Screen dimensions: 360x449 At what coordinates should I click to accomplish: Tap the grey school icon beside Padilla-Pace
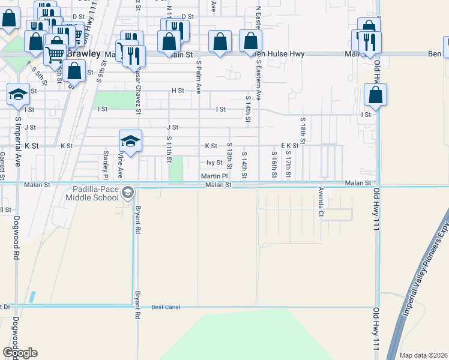(x=127, y=193)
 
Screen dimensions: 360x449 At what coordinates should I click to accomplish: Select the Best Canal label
(x=166, y=307)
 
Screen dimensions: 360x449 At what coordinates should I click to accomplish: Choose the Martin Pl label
(x=214, y=176)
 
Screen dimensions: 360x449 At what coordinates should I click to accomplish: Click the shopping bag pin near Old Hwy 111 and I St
(x=375, y=95)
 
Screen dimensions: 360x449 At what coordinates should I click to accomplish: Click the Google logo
(x=20, y=352)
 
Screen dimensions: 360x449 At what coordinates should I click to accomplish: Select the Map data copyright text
(x=423, y=355)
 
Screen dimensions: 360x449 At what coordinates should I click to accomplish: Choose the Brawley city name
(x=83, y=53)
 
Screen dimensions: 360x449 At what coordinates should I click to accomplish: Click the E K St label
(x=290, y=146)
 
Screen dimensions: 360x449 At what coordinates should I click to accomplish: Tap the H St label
(x=177, y=91)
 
